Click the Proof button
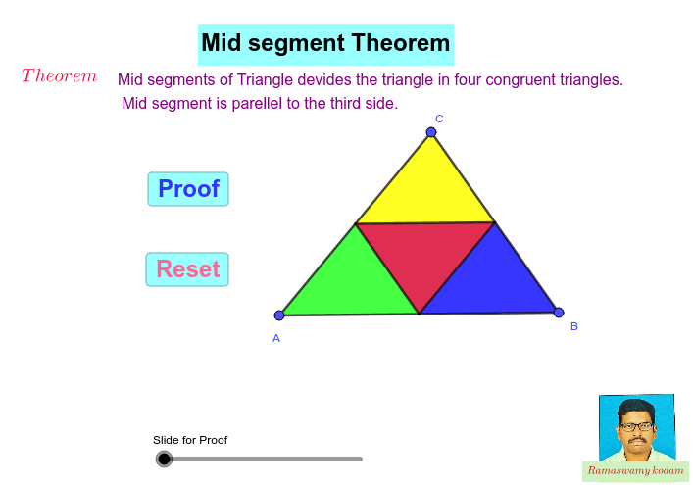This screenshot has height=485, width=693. point(188,189)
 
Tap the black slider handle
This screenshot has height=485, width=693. point(164,459)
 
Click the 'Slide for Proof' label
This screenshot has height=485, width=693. point(190,440)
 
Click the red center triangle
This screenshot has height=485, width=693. point(423,253)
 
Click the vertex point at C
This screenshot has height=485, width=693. point(431,132)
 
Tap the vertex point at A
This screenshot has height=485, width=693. point(279,315)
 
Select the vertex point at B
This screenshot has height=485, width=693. point(559,313)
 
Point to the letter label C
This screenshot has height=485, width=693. point(439,119)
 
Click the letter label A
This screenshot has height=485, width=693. point(276,338)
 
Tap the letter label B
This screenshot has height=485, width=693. point(574,326)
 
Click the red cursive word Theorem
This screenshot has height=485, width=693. point(59,76)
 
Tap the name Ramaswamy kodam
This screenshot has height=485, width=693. point(635,471)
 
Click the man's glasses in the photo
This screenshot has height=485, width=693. point(636,426)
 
